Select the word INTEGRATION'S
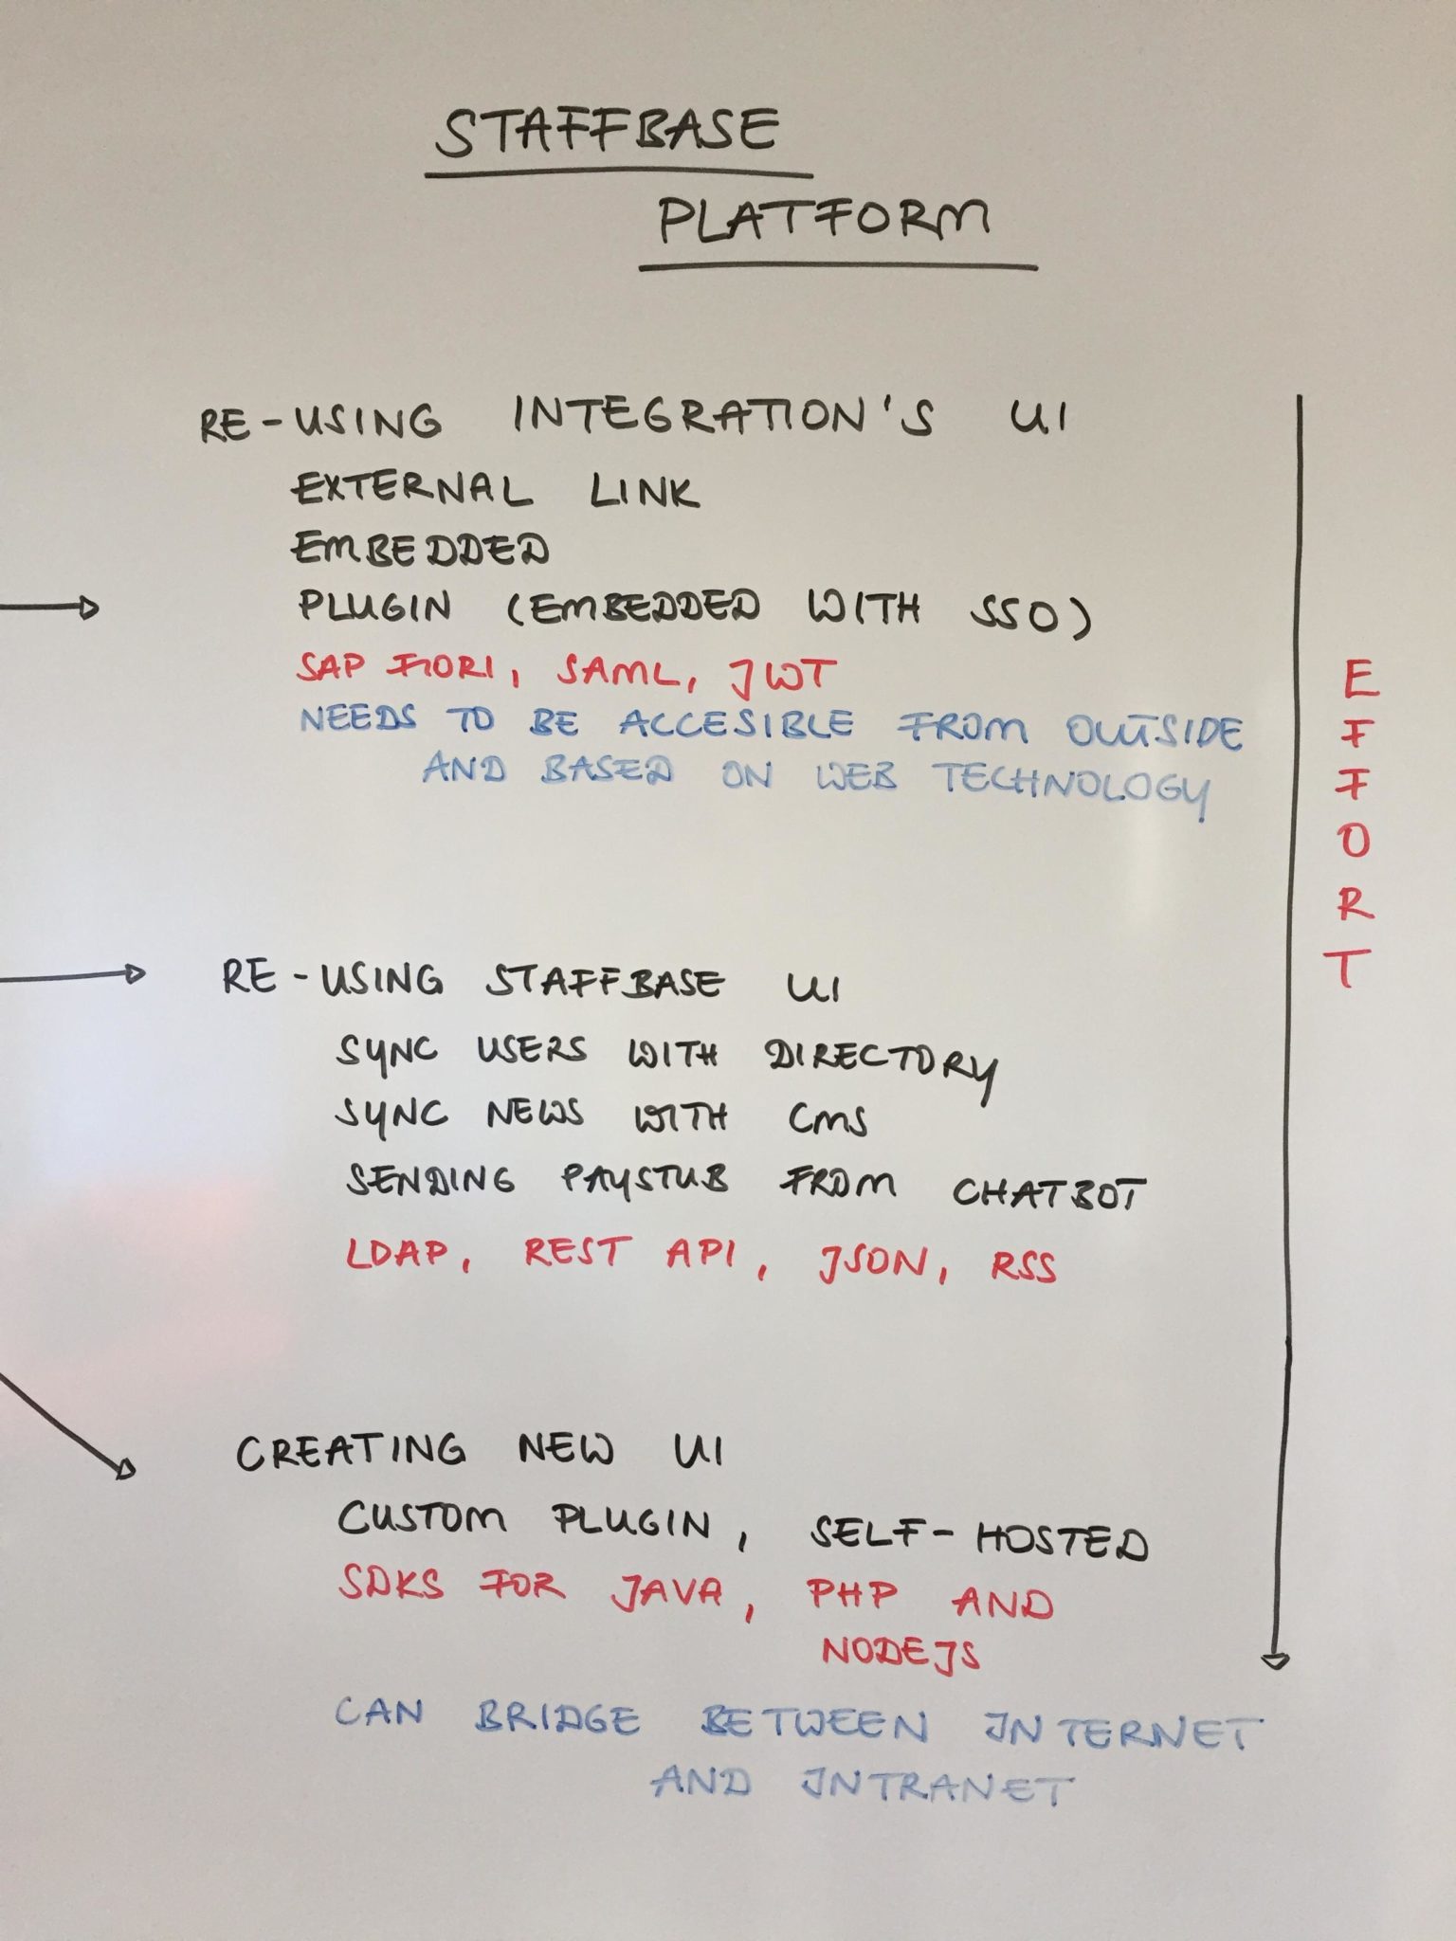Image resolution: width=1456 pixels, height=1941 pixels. tap(723, 416)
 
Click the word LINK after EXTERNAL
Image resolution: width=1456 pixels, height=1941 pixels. tap(644, 491)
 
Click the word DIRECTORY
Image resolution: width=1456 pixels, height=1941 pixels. tap(881, 1066)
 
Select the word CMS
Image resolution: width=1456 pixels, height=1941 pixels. tap(828, 1119)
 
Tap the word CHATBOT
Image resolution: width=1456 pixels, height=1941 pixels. tap(1049, 1192)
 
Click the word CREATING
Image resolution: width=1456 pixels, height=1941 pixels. tap(351, 1451)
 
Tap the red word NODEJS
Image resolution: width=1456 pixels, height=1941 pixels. tap(900, 1652)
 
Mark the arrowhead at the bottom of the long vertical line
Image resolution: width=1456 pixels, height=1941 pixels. tap(1275, 1660)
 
